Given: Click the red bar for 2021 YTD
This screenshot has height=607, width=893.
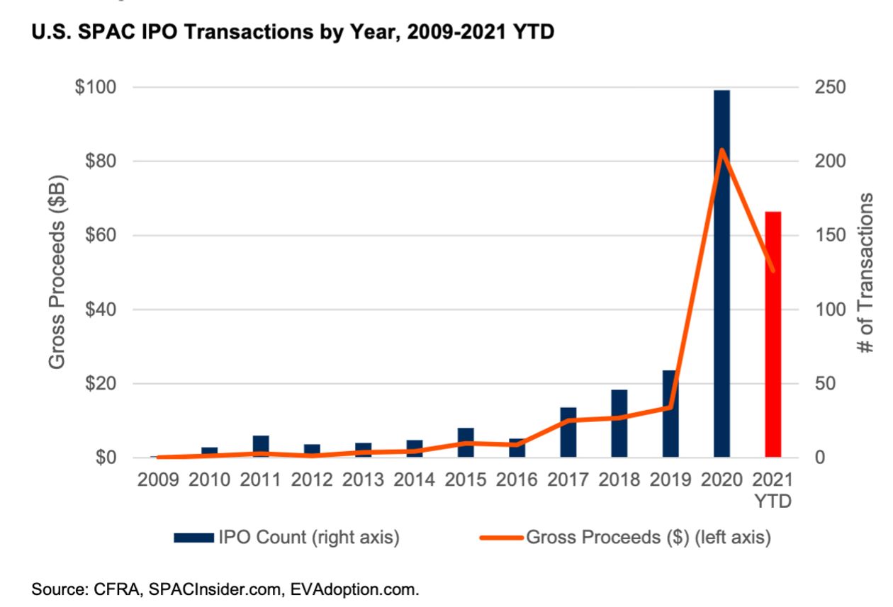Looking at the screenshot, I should [x=773, y=334].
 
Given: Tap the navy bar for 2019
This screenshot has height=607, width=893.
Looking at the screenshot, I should [x=670, y=414].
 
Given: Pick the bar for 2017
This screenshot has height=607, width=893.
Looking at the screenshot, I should [x=568, y=432].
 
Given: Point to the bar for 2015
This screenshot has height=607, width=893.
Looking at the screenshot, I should [x=465, y=443].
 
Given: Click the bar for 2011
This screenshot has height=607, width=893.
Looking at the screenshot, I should [x=261, y=446].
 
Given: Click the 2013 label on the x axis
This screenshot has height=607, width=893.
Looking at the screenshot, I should [x=363, y=480].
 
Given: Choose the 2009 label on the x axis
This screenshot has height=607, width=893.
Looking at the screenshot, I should [x=158, y=480].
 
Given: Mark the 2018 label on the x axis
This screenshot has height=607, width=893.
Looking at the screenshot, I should [x=619, y=480].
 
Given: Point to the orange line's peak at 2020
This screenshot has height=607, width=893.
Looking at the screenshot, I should [x=721, y=150].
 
